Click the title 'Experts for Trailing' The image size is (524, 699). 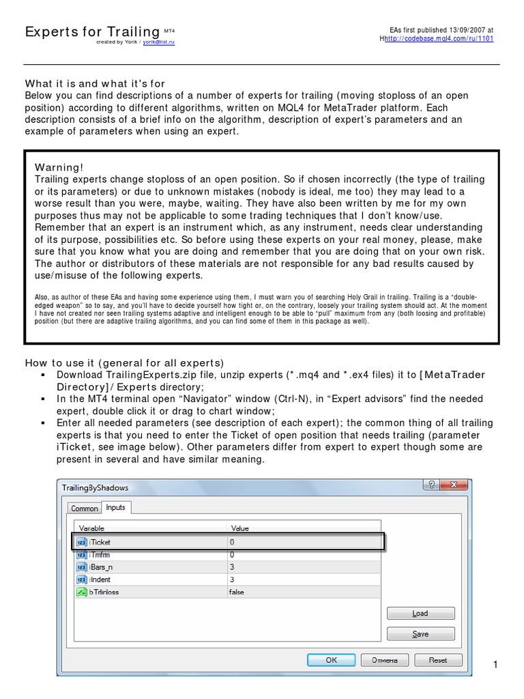click(x=91, y=32)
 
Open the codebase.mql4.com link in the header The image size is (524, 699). click(x=439, y=39)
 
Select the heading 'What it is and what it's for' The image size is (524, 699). click(x=95, y=83)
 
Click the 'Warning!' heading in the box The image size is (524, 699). click(x=59, y=167)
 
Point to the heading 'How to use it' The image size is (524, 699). click(x=124, y=362)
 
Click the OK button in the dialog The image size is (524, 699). click(x=331, y=660)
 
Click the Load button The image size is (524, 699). click(x=420, y=613)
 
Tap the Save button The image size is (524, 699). click(x=420, y=633)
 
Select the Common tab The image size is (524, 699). click(x=85, y=509)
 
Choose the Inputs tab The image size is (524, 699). click(x=115, y=508)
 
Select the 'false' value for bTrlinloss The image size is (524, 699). click(x=237, y=593)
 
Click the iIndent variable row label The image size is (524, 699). click(x=100, y=580)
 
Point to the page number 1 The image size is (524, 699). click(x=496, y=665)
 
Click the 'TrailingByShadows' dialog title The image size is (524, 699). click(x=95, y=487)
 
